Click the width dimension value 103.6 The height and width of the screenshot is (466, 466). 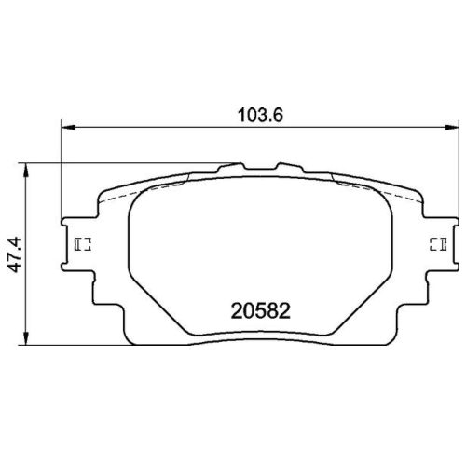(x=262, y=116)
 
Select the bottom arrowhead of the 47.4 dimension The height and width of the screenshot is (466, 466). (x=29, y=339)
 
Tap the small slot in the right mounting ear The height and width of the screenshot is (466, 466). (x=435, y=244)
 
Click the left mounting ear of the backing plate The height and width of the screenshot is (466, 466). (x=76, y=244)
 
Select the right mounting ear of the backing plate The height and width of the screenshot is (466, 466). (x=439, y=244)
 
